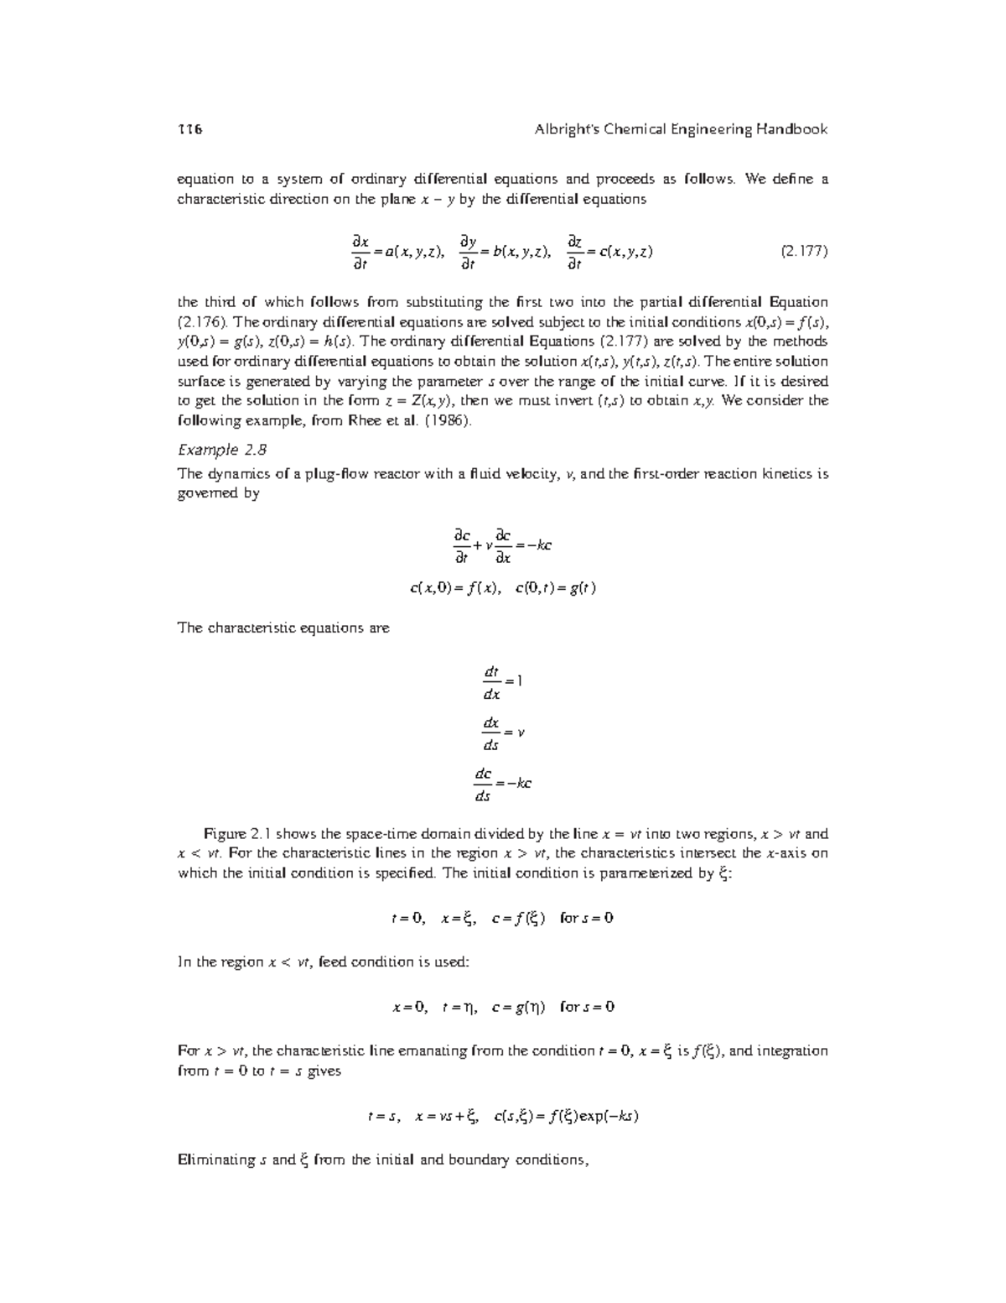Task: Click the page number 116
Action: tap(190, 129)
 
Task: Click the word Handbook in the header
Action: tap(791, 129)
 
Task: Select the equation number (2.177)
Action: tap(804, 252)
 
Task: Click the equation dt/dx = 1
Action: tap(502, 682)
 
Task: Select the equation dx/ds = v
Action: tap(502, 733)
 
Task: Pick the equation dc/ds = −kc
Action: tap(502, 784)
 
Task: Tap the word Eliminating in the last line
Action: tap(216, 1160)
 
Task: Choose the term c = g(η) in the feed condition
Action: tap(518, 1007)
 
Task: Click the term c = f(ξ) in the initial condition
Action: tap(518, 919)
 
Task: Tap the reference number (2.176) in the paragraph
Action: tap(200, 322)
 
